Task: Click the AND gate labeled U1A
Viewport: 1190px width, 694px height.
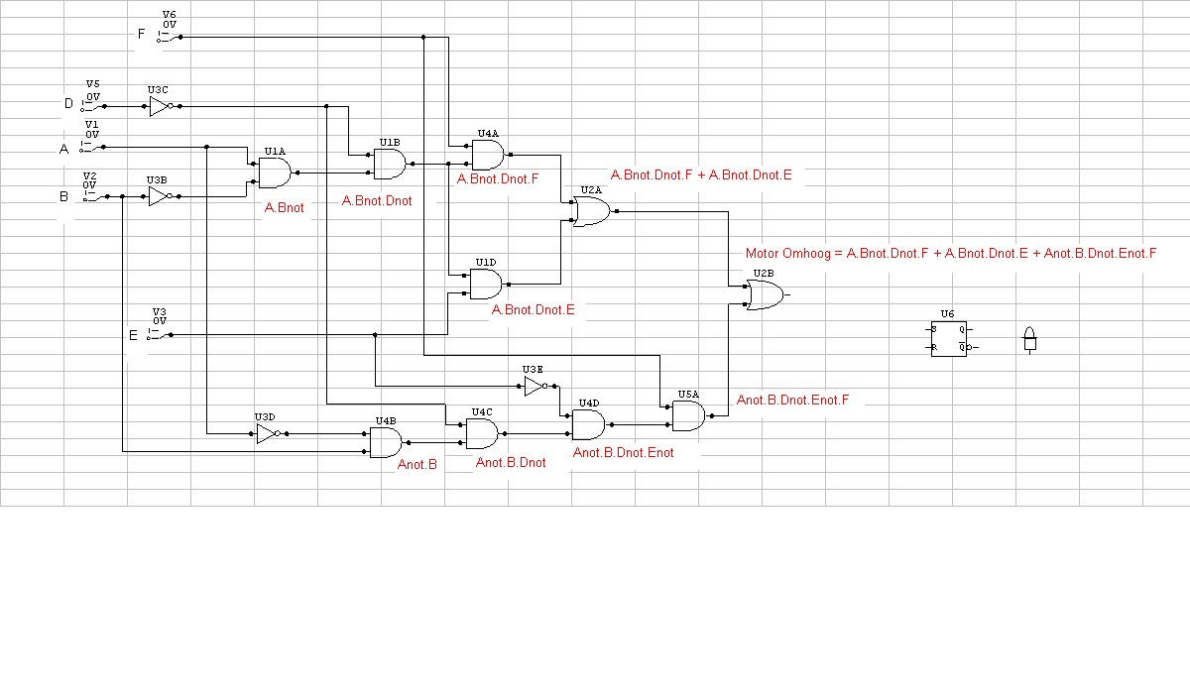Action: tap(274, 173)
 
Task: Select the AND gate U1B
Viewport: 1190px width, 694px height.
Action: tap(390, 164)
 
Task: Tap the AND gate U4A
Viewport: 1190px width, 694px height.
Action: tap(487, 155)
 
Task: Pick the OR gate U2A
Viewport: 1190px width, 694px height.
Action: tap(591, 211)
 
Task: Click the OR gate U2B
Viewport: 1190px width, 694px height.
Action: tap(764, 294)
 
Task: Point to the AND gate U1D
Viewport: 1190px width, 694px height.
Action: tap(485, 285)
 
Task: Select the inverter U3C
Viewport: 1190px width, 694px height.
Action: tap(161, 106)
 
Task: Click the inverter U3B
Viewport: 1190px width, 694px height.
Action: tap(160, 196)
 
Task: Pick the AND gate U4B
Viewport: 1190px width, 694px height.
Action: tap(385, 442)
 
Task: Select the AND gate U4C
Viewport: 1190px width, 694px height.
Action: tap(481, 433)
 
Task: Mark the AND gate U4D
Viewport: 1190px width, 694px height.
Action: tap(588, 424)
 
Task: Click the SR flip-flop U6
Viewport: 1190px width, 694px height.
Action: tap(948, 338)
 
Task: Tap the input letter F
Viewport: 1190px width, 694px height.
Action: tap(141, 34)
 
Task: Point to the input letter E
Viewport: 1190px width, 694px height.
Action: tap(133, 335)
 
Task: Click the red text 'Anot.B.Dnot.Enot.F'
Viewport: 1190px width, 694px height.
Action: tap(793, 401)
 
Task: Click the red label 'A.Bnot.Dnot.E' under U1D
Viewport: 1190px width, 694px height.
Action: tap(533, 309)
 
